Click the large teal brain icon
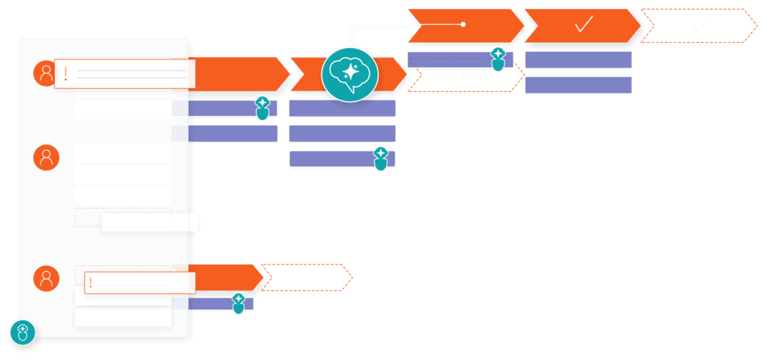click(x=349, y=74)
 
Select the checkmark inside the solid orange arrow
click(x=584, y=25)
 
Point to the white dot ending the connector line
click(x=463, y=24)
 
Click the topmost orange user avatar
click(x=46, y=73)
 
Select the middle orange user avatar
click(x=46, y=157)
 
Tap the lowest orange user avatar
click(x=46, y=278)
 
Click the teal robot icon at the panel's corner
click(x=23, y=332)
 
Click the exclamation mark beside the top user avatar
click(x=66, y=74)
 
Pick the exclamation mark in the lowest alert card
click(x=90, y=282)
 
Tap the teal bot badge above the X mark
click(x=498, y=59)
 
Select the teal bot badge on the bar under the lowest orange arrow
click(x=239, y=303)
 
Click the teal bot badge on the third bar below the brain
click(x=381, y=158)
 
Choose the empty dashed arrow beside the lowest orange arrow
click(x=305, y=277)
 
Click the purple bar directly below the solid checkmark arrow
click(x=577, y=60)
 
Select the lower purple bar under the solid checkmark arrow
click(x=577, y=85)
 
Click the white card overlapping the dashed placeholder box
click(x=150, y=222)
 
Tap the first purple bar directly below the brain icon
click(x=342, y=108)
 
